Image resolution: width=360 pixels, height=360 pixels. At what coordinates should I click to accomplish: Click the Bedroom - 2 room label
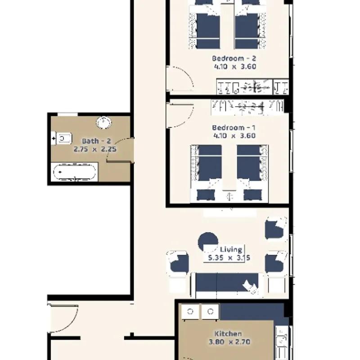pos(234,58)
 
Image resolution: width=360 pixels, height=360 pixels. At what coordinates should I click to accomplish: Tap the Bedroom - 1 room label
pos(234,128)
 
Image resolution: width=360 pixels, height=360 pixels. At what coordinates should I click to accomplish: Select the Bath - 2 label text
pos(96,141)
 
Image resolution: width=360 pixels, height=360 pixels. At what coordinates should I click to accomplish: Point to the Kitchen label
pos(228,333)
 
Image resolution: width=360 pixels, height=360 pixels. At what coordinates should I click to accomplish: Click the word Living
pos(231,250)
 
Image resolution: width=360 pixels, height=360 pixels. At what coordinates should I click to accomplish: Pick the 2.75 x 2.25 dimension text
pos(95,149)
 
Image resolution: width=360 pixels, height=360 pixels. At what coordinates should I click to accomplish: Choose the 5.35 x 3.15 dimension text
pos(229,258)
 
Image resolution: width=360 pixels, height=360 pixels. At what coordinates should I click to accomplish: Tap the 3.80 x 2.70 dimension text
pos(229,342)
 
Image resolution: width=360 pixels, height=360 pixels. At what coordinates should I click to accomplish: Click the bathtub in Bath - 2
pos(74,172)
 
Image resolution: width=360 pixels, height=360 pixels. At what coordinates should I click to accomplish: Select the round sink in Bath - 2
pos(103,122)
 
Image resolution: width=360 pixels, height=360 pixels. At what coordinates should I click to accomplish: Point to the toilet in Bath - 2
pos(62,139)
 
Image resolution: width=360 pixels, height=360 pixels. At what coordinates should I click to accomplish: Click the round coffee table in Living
pos(208,242)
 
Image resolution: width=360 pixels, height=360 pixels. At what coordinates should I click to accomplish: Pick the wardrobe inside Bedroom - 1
pos(247,107)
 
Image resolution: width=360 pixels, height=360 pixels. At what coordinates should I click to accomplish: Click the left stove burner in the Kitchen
pos(190,311)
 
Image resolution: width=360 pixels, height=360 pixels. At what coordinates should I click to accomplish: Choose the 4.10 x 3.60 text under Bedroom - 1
pos(234,136)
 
